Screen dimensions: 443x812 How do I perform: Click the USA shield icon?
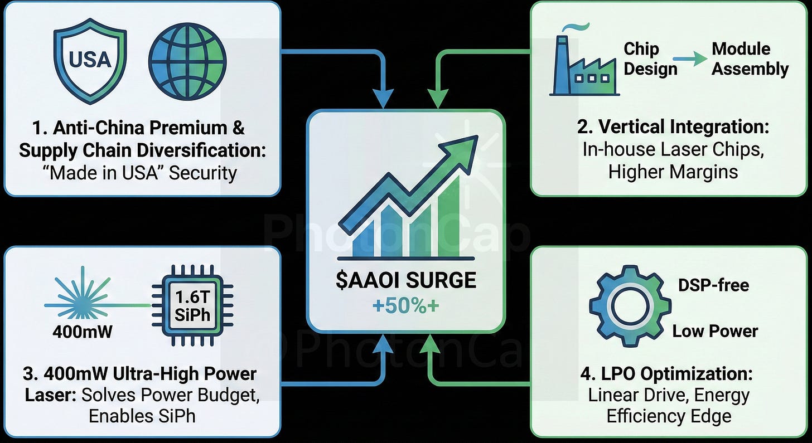(x=90, y=61)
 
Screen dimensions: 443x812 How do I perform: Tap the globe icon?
(x=187, y=61)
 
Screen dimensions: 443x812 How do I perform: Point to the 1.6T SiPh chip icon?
(x=192, y=307)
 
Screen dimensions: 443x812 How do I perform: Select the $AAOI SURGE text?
(x=405, y=280)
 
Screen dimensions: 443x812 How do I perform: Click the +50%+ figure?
(x=405, y=306)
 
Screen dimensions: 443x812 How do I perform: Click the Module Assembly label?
(x=750, y=59)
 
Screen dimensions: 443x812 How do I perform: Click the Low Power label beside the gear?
(x=715, y=331)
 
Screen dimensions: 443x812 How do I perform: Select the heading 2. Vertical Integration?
(x=673, y=127)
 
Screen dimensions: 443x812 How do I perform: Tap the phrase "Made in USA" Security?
(x=143, y=173)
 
